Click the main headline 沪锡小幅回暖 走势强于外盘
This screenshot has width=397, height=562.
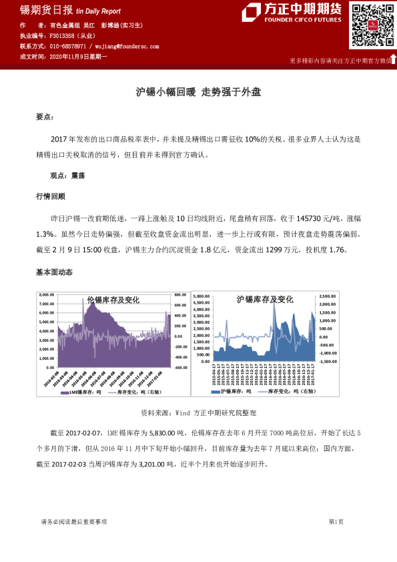click(x=198, y=92)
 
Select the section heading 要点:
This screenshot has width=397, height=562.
click(x=45, y=117)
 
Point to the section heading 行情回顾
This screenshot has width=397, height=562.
click(x=51, y=196)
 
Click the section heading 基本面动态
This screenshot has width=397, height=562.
click(x=54, y=272)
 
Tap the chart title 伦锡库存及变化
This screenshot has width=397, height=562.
click(x=113, y=300)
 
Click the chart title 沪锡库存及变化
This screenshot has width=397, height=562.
click(x=265, y=300)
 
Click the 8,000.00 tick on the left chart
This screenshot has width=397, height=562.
click(x=47, y=294)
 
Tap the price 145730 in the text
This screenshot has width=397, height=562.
click(x=313, y=218)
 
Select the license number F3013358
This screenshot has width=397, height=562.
click(x=62, y=36)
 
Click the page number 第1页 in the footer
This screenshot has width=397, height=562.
click(x=336, y=521)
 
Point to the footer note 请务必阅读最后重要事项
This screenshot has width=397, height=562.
click(x=73, y=521)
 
